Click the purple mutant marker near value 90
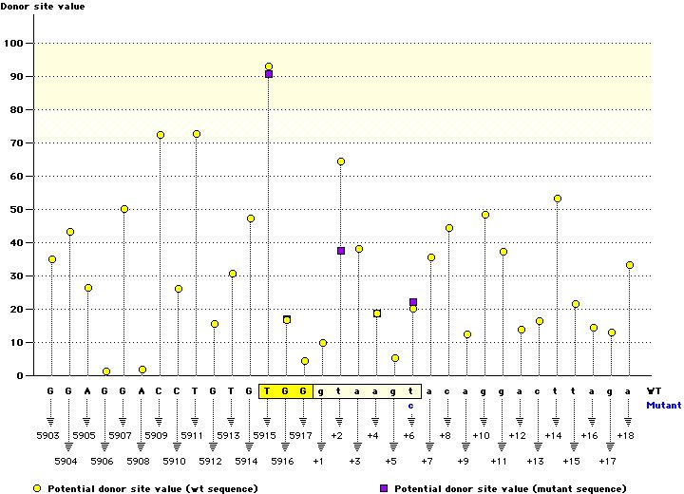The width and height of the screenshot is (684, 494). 269,74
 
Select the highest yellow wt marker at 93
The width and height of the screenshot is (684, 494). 269,66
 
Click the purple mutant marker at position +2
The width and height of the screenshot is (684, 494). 341,251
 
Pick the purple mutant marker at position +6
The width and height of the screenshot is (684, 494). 413,302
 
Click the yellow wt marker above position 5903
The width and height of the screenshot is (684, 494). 52,259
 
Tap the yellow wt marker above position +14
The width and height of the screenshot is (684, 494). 558,199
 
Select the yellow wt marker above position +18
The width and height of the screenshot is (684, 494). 630,265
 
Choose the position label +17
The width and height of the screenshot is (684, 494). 612,461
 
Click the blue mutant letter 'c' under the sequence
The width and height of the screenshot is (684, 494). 412,405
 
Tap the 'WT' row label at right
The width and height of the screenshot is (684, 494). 654,390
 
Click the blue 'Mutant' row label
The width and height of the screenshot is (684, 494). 663,405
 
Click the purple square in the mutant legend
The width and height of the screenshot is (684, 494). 384,487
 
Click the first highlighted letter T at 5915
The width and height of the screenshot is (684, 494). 268,390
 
